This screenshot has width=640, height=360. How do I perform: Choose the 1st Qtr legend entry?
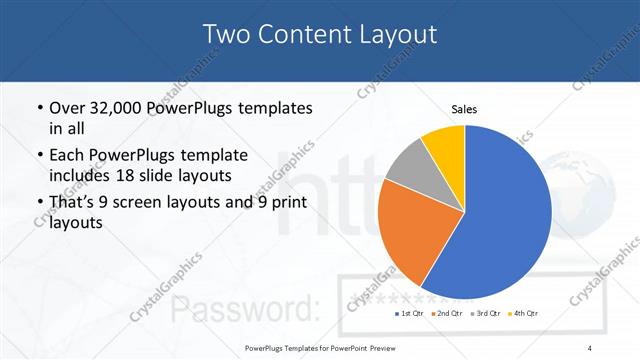pos(407,314)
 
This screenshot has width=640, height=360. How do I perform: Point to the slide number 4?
pos(590,347)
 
